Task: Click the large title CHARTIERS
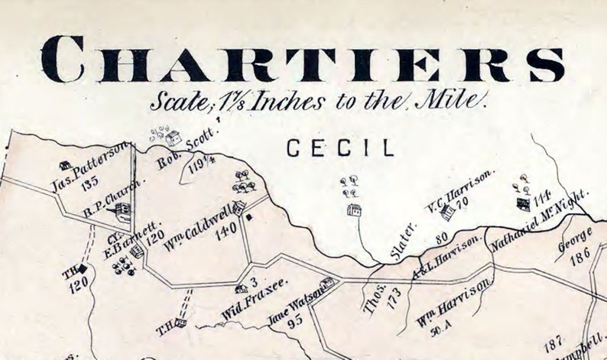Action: [303, 59]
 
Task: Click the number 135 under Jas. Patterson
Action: [89, 182]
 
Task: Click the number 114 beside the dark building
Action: [542, 197]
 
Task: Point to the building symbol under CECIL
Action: [353, 209]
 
